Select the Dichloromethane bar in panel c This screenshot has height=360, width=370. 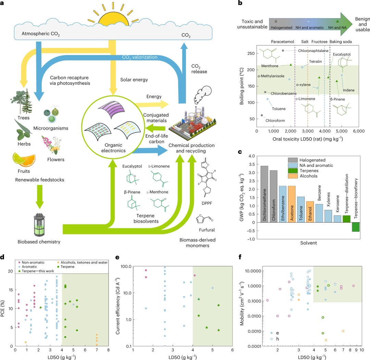pos(264,194)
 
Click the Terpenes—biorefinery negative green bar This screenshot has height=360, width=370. pos(355,227)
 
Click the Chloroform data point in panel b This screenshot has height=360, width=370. pos(262,115)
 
